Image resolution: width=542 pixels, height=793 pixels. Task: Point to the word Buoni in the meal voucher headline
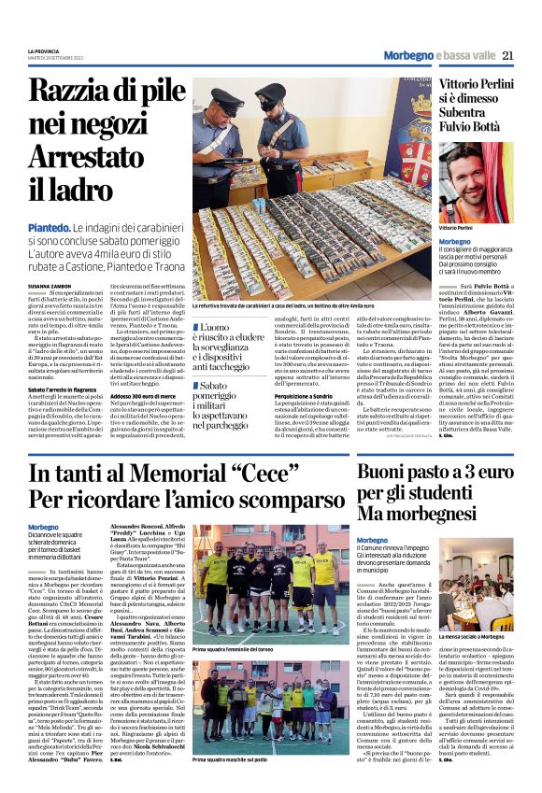pyautogui.click(x=363, y=475)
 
